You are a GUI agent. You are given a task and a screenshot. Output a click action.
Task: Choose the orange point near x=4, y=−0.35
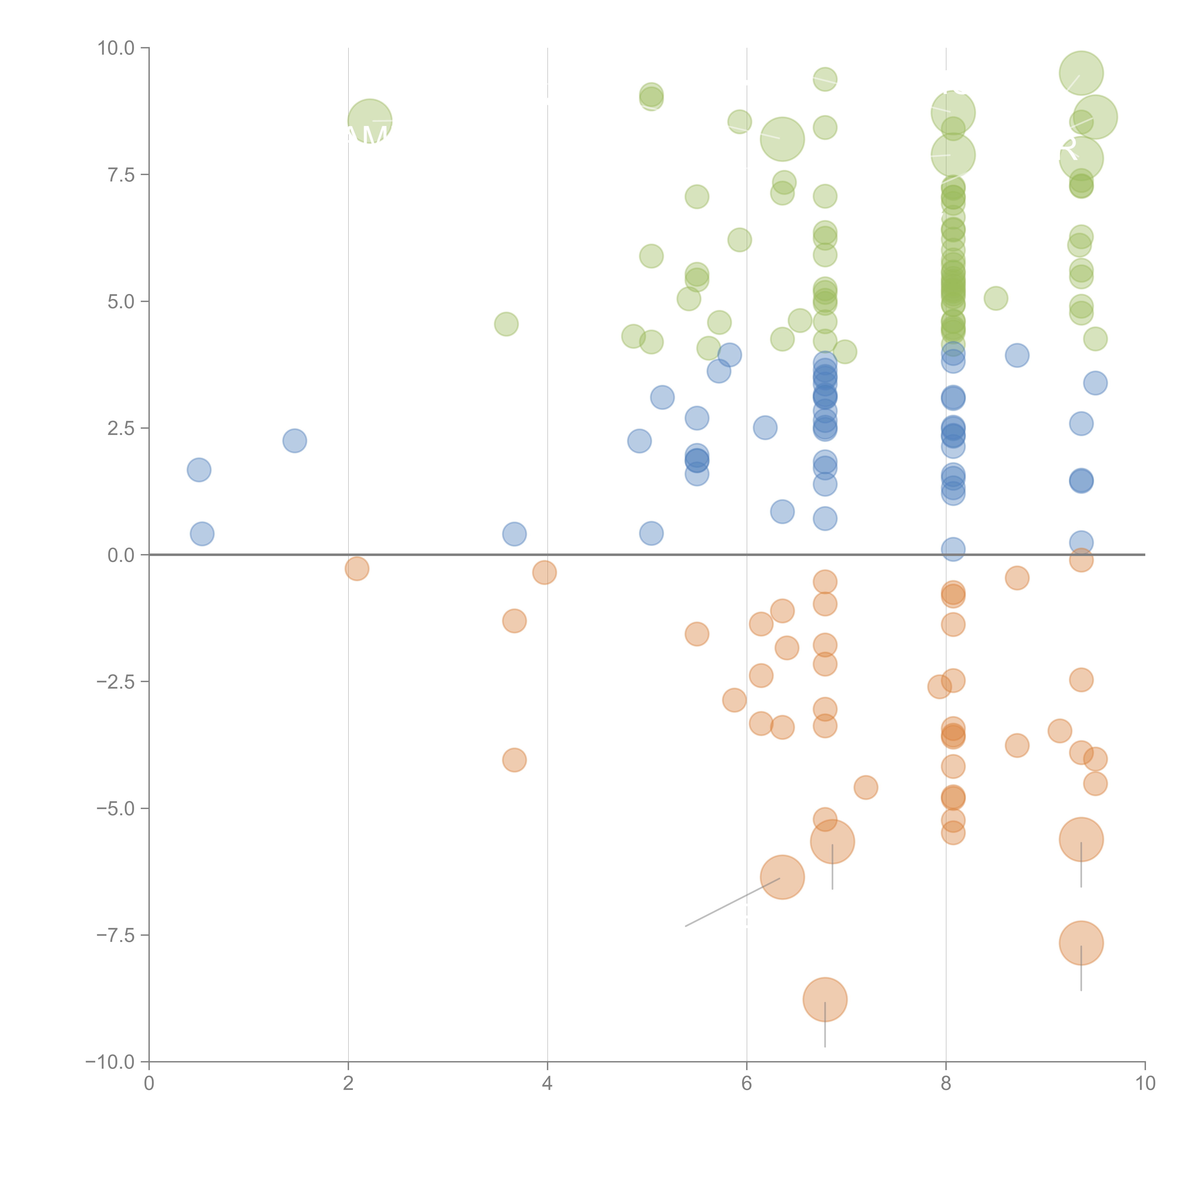pos(544,572)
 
